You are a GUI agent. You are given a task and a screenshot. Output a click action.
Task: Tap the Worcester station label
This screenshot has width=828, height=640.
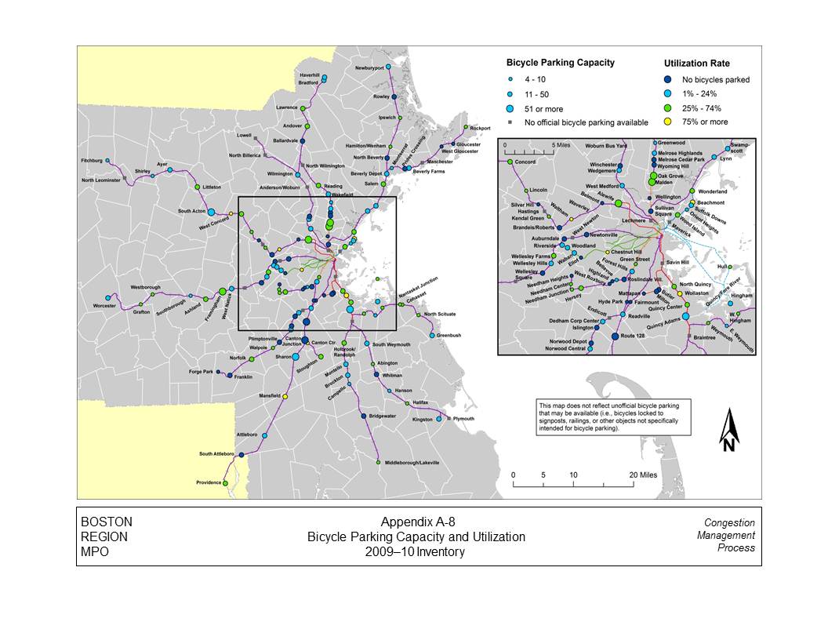104,306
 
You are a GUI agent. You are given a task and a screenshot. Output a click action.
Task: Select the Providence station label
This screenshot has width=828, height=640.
209,482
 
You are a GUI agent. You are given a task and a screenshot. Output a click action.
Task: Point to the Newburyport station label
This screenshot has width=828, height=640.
369,68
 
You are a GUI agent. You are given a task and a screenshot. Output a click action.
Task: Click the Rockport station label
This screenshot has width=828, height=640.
480,128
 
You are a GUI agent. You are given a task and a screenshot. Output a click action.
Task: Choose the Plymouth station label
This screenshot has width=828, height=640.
463,419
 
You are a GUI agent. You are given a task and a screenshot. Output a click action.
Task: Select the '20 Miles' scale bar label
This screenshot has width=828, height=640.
642,475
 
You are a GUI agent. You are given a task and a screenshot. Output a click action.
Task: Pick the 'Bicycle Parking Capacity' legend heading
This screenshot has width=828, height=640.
560,62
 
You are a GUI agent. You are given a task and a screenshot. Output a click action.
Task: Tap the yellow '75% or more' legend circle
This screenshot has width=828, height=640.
668,122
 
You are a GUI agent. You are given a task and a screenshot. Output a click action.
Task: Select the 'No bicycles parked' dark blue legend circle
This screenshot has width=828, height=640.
668,79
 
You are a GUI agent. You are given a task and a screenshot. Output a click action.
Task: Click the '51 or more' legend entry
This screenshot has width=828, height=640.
543,109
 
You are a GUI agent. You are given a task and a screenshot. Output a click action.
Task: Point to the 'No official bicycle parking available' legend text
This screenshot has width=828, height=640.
586,122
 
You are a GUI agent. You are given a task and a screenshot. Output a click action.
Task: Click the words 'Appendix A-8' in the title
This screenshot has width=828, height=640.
417,523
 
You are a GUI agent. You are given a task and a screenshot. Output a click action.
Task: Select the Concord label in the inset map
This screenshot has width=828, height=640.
525,162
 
